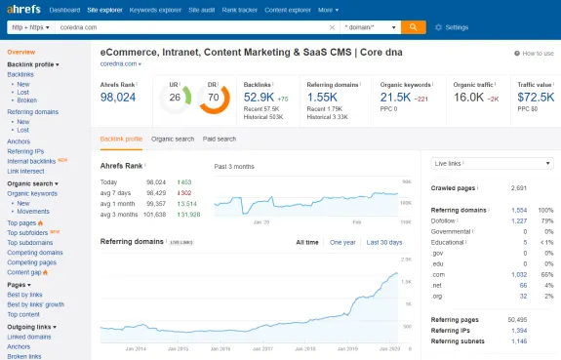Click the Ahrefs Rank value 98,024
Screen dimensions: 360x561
pos(118,98)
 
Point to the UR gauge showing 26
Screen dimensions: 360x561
pos(176,98)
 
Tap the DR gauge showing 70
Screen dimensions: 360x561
pos(213,98)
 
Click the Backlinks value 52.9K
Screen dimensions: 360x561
pos(260,98)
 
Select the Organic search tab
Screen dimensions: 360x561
pos(173,139)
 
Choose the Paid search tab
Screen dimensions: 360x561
pos(220,139)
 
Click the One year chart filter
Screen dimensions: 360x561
pos(342,241)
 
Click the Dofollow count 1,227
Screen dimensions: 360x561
pos(519,220)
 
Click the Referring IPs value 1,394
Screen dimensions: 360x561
pos(519,331)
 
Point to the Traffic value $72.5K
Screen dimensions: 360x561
pos(536,98)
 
